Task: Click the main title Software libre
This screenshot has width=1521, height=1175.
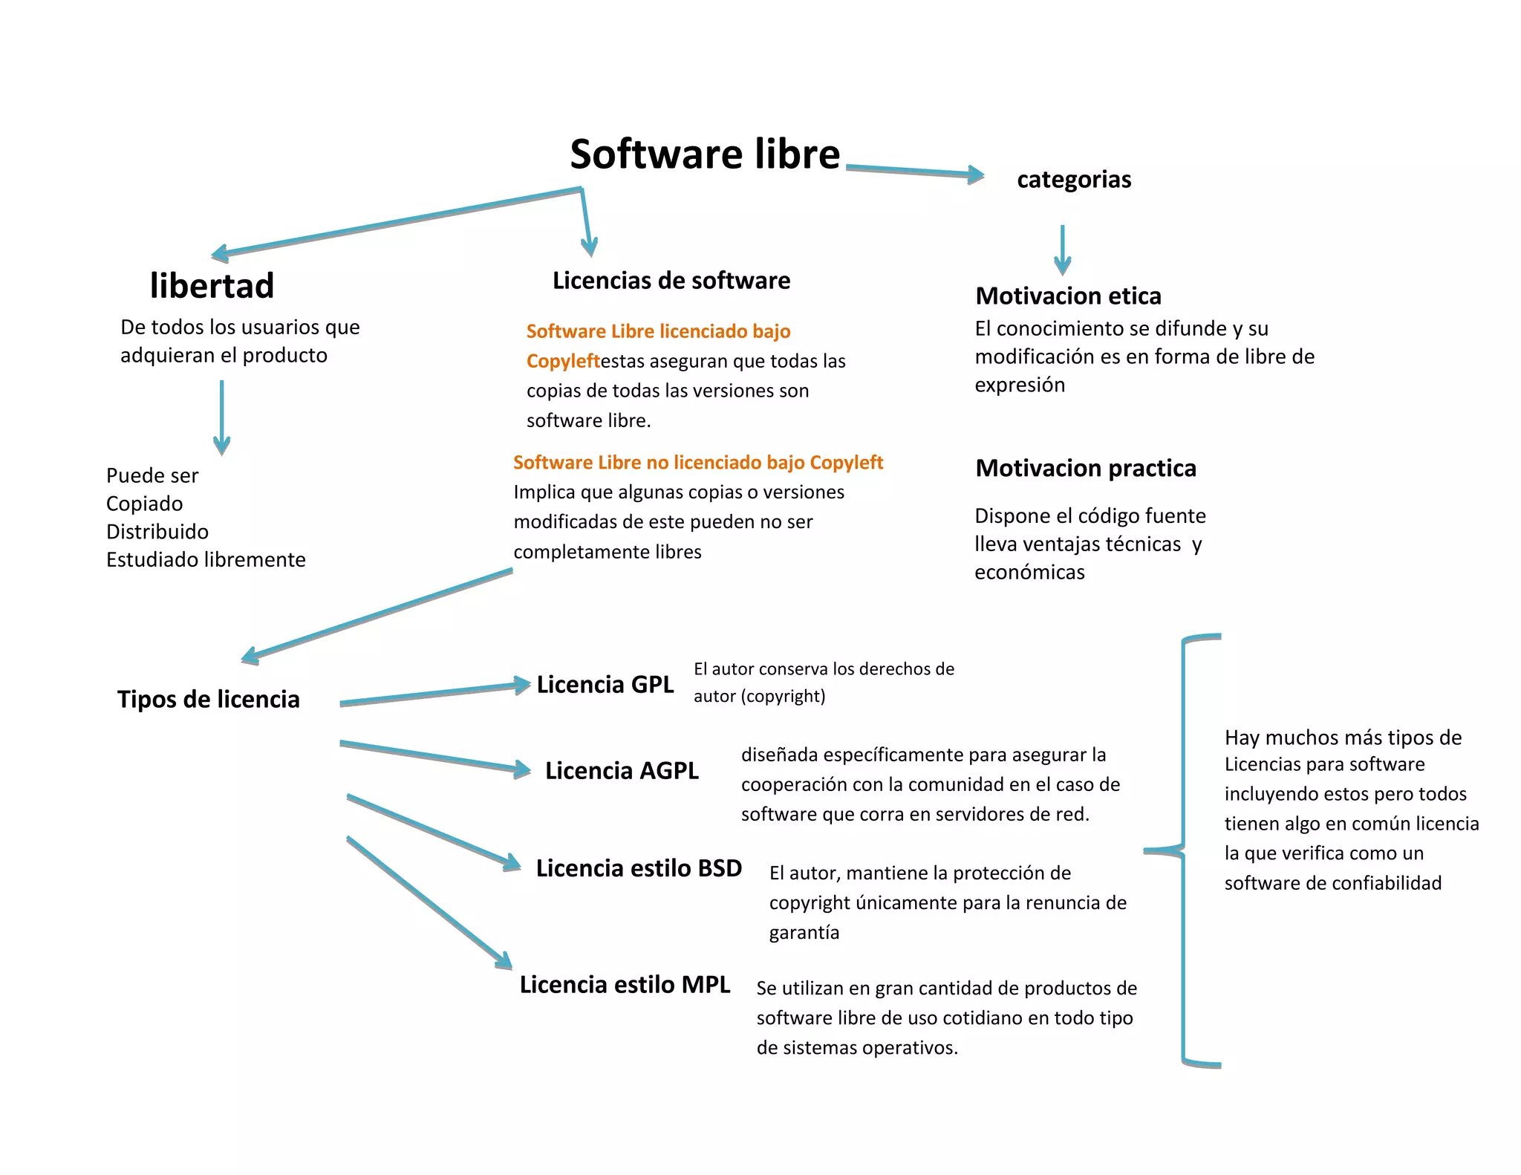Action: pos(704,154)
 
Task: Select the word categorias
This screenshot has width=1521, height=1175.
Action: pos(1073,180)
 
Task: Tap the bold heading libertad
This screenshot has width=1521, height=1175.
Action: pos(212,286)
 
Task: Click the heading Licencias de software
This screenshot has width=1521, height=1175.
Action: pos(671,281)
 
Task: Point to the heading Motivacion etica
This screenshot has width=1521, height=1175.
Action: pos(1067,296)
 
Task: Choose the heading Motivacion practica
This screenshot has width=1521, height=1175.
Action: pos(1085,469)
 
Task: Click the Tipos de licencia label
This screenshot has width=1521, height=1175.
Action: pos(208,700)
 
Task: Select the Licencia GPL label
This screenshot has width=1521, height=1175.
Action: pos(605,685)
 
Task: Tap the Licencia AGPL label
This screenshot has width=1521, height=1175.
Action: pos(622,771)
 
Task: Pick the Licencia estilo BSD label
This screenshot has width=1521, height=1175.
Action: pos(639,868)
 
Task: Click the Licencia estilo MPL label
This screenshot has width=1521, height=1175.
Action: pos(624,985)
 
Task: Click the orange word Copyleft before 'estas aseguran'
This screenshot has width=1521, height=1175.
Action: pos(562,362)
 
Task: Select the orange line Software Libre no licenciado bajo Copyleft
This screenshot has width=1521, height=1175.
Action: pos(697,463)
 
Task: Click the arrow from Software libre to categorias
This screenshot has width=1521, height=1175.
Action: pos(913,172)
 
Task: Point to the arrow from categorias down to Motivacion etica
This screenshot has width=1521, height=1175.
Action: pos(1062,250)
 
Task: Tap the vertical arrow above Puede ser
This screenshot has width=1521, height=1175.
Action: pos(221,416)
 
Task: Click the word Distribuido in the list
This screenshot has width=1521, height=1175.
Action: pos(157,532)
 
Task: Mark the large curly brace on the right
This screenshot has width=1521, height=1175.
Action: pos(1184,851)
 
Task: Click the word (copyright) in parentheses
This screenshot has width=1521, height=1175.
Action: pos(783,697)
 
